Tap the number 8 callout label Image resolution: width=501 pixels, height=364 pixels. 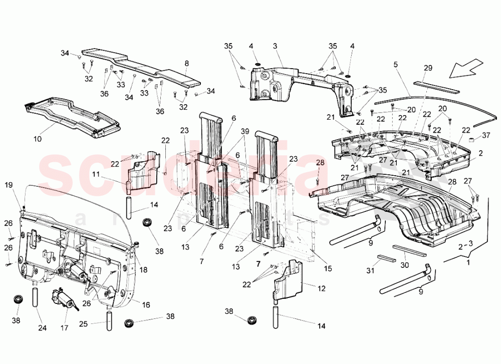(x=186, y=64)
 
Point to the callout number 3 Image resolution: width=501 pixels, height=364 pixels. (x=275, y=46)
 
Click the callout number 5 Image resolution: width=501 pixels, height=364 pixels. (x=395, y=64)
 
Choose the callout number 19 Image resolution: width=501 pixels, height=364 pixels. (x=9, y=185)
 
